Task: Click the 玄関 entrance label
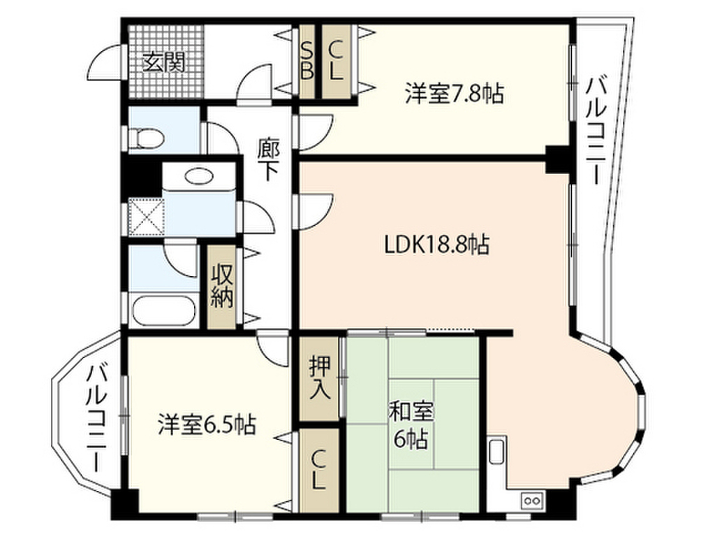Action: point(164,64)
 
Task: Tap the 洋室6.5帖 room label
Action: point(206,424)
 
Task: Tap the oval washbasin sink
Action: point(200,176)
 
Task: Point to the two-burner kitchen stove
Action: point(531,500)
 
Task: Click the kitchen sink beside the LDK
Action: point(497,452)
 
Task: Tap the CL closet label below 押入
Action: point(318,470)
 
